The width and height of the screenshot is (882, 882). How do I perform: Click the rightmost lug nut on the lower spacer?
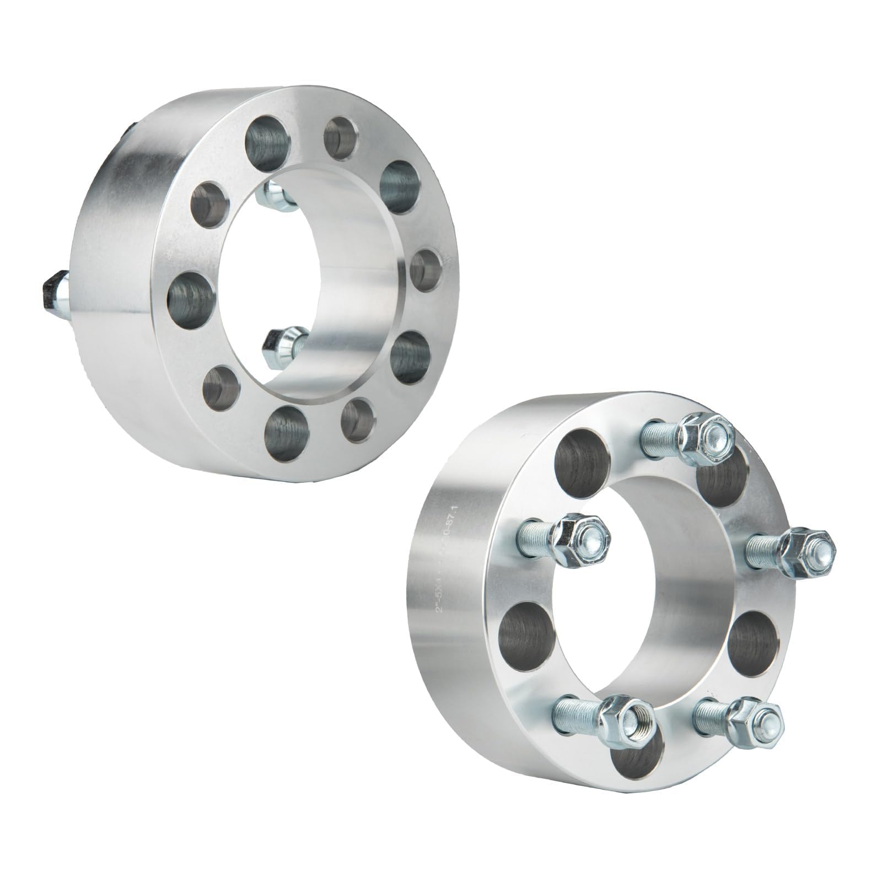coord(802,547)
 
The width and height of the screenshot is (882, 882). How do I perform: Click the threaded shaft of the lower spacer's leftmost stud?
coord(537,534)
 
